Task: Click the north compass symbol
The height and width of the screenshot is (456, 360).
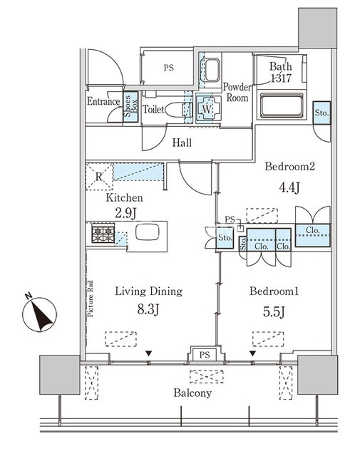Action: pos(40,314)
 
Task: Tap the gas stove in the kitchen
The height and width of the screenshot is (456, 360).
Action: pos(103,233)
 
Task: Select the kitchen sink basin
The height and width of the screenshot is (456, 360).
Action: pos(148,232)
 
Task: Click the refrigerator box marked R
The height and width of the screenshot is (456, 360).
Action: pos(99,177)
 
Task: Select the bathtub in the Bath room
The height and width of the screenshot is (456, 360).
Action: pos(282,105)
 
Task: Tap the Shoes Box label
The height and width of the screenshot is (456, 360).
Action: pos(130,106)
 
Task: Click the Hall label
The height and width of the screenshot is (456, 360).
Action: pos(182,142)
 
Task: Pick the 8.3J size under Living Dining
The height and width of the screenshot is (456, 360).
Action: pos(148,310)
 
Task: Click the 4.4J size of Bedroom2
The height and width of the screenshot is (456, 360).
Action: pos(289,187)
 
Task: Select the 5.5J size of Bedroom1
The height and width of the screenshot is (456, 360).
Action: pos(274,312)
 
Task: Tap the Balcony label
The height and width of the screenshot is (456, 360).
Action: pos(192,393)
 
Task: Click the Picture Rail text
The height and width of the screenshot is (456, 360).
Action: pos(91,298)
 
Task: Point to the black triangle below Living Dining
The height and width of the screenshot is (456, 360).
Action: pos(149,353)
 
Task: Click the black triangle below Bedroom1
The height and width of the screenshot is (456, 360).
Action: pos(252,353)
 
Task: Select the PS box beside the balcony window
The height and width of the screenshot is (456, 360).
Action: pos(205,355)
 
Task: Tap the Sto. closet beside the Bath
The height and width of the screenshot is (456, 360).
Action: pos(322,113)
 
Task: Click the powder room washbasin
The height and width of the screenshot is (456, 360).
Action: pos(212,70)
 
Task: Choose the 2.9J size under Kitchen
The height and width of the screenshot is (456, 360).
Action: pos(125,214)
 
